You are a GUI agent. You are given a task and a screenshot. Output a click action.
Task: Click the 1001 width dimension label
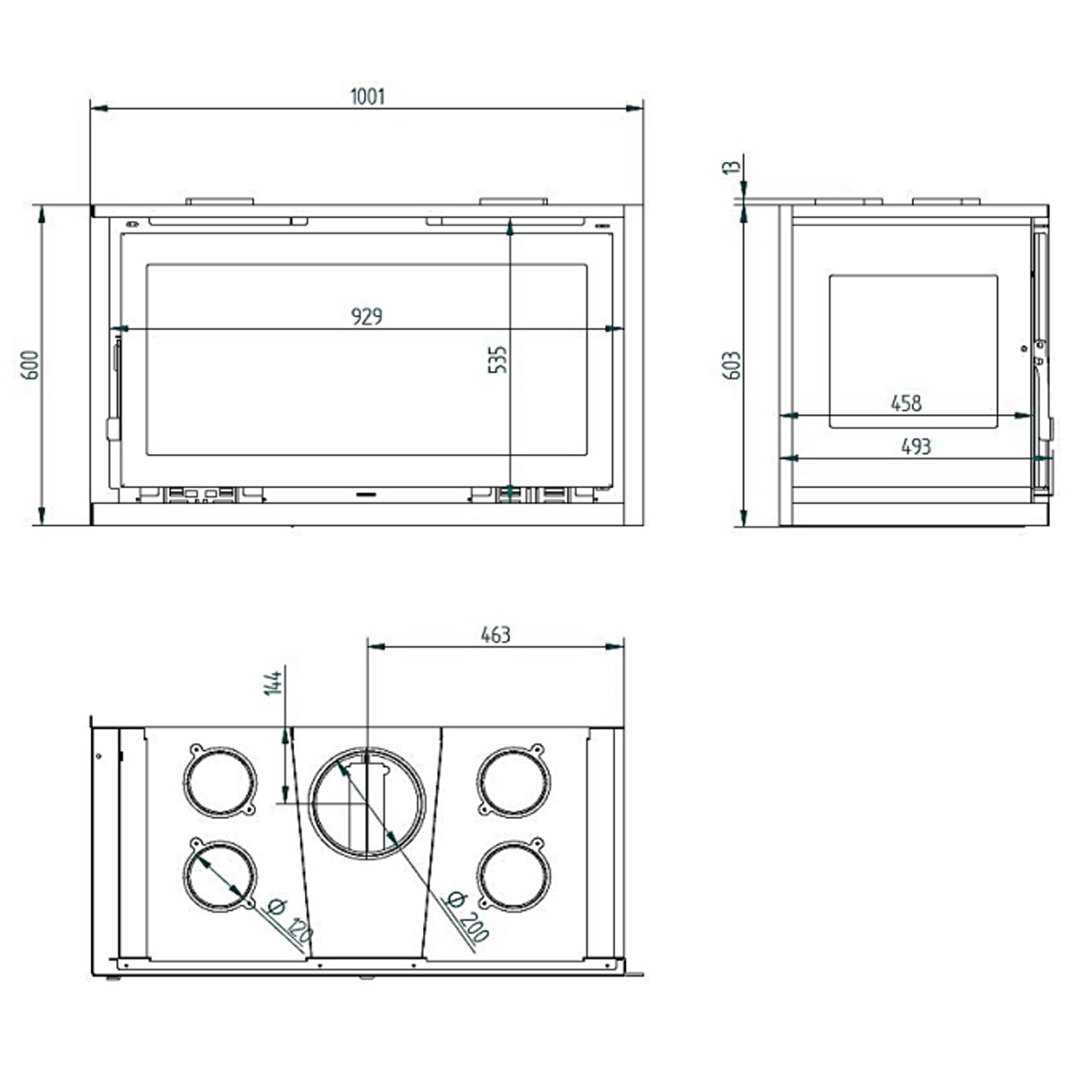click(x=368, y=96)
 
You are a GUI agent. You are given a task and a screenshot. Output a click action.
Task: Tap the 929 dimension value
click(x=367, y=316)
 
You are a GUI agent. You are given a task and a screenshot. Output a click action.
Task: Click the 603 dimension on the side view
click(x=732, y=365)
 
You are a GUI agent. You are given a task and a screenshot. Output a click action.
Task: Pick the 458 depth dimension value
click(x=906, y=403)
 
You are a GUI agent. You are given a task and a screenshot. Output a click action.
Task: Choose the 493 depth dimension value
click(x=916, y=445)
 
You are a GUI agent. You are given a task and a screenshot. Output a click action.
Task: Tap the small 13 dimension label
click(x=732, y=167)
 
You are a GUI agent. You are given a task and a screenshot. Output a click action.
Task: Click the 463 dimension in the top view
click(x=495, y=634)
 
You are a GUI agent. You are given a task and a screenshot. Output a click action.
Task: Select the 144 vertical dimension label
click(x=275, y=681)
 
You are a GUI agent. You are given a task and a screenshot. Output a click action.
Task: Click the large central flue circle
click(x=368, y=802)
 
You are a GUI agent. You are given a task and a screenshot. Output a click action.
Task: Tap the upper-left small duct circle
click(x=220, y=781)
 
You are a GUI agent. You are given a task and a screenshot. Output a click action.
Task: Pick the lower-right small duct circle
click(x=512, y=875)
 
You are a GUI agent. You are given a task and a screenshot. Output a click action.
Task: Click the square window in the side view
click(x=913, y=351)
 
